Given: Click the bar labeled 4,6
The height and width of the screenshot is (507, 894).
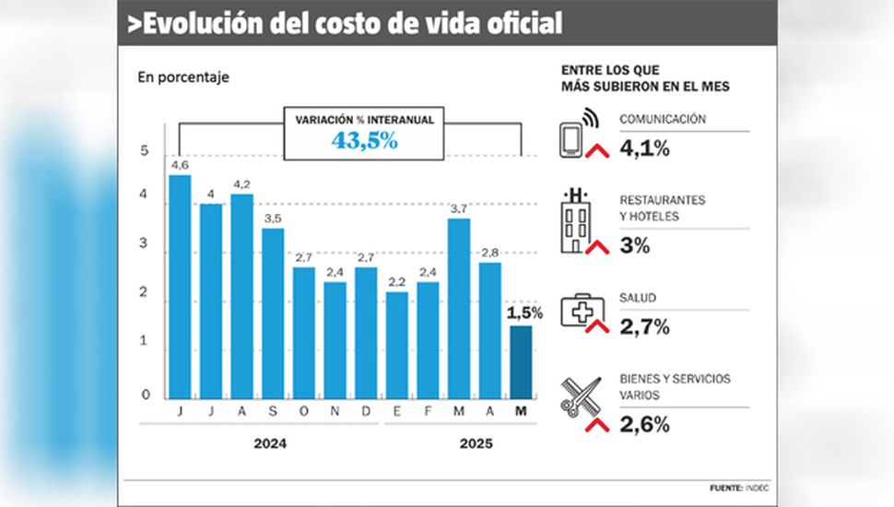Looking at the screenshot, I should click(180, 286).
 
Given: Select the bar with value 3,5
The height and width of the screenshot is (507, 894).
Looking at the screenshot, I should click(273, 312).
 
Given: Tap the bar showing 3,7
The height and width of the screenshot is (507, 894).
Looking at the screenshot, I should click(460, 307).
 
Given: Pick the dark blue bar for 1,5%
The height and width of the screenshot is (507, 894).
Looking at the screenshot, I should click(522, 361).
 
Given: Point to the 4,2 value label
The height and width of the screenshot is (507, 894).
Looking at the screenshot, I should click(241, 184).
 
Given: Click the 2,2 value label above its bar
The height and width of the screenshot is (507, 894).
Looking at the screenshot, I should click(397, 282).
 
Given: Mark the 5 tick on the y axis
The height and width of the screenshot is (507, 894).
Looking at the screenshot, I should click(145, 151).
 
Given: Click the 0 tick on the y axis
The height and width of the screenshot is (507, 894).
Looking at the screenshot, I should click(145, 395).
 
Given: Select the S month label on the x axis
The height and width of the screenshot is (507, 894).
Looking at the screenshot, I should click(273, 412).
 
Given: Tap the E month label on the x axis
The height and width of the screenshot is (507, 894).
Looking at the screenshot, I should click(397, 412).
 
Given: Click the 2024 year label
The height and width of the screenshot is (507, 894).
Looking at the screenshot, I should click(270, 443).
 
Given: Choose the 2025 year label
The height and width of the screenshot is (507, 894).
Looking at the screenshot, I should click(476, 443).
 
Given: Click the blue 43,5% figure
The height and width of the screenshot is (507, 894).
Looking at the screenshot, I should click(365, 141).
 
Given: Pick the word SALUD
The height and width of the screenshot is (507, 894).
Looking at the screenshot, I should click(638, 297).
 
